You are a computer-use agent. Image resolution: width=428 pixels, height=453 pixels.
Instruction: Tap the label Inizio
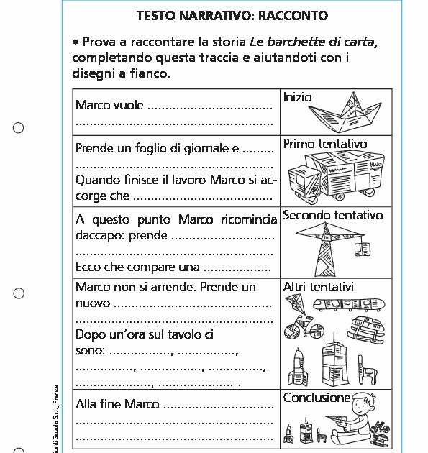(298, 97)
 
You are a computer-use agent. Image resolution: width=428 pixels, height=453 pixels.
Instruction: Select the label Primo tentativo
(325, 145)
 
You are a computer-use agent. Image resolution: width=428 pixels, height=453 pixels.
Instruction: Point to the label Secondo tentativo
(333, 215)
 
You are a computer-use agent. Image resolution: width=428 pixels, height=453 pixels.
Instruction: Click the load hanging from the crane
(363, 249)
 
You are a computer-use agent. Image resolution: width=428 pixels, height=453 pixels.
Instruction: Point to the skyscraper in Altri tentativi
(333, 363)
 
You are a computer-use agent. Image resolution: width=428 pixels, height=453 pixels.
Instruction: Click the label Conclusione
(317, 398)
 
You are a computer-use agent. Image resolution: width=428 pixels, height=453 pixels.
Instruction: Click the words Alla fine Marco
(117, 404)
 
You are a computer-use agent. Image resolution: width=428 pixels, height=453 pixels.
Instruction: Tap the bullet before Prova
(76, 43)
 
